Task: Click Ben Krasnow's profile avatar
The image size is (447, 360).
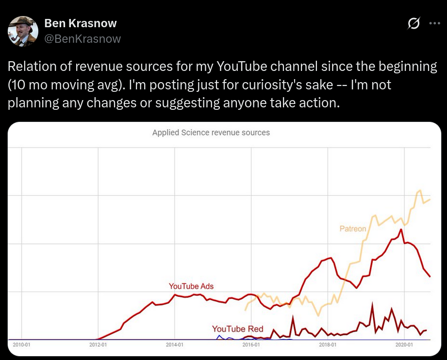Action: tap(23, 31)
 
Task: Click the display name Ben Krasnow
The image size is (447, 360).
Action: tap(81, 23)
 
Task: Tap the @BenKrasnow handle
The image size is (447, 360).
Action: tap(83, 39)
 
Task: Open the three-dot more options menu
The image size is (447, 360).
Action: tap(434, 23)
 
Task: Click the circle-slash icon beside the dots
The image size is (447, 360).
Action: tap(414, 23)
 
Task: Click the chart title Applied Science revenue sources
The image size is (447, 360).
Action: tap(211, 132)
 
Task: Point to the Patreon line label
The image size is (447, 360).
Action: tap(353, 228)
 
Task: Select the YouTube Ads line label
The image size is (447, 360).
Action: tap(191, 286)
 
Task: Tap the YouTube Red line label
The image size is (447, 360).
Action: tap(238, 329)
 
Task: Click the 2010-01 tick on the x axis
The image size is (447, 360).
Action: tap(21, 345)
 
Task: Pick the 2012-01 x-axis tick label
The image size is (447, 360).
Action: tap(98, 345)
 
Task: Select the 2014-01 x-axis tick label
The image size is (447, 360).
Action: tap(175, 345)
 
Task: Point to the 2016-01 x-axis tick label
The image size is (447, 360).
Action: tap(251, 345)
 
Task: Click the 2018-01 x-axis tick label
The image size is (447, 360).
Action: tap(328, 345)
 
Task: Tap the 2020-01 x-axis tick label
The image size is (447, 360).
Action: tap(404, 345)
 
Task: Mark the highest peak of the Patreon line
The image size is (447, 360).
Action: tap(420, 190)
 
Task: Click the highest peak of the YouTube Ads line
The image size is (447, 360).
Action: tap(401, 229)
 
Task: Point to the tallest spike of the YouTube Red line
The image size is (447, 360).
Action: tap(372, 304)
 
